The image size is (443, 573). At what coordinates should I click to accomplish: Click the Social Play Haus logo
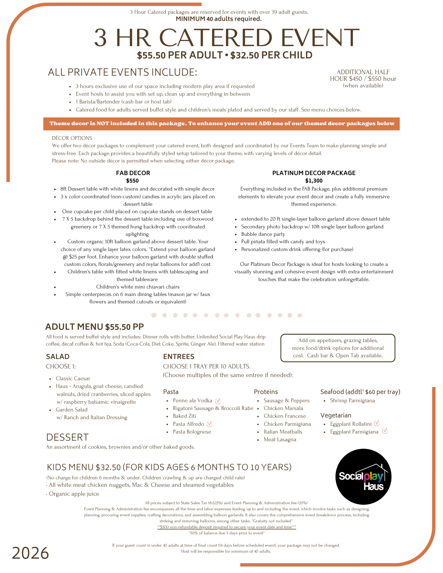click(x=363, y=477)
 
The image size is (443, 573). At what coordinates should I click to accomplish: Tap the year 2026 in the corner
click(x=30, y=553)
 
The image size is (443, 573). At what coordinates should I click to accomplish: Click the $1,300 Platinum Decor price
click(x=314, y=181)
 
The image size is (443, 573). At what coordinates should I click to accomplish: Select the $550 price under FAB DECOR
click(x=132, y=181)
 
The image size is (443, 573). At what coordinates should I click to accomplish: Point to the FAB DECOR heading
click(x=133, y=173)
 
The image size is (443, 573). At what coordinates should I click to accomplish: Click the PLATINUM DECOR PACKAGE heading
click(x=314, y=173)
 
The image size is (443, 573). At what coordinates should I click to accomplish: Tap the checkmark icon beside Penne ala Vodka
click(x=218, y=401)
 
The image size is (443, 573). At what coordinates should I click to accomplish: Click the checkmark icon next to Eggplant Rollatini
click(x=377, y=423)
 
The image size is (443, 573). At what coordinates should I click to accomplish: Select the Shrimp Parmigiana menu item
click(x=352, y=401)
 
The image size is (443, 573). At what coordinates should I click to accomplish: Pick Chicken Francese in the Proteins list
click(x=285, y=416)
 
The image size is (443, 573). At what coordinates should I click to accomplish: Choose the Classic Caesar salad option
click(x=73, y=378)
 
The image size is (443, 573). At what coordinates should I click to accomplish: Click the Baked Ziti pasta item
click(x=184, y=416)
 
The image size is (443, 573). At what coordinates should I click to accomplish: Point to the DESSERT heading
click(x=67, y=437)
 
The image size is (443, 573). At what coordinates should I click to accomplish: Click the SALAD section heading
click(x=58, y=357)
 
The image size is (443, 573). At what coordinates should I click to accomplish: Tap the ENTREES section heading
click(x=179, y=357)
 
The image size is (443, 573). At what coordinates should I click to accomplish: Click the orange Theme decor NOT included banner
click(x=221, y=124)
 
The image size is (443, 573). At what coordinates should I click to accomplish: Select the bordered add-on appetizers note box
click(x=337, y=348)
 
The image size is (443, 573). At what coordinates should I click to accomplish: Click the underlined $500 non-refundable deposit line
click(x=227, y=527)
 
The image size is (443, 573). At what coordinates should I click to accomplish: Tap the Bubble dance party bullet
click(x=263, y=234)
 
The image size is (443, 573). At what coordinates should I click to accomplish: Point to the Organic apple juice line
click(x=74, y=494)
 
